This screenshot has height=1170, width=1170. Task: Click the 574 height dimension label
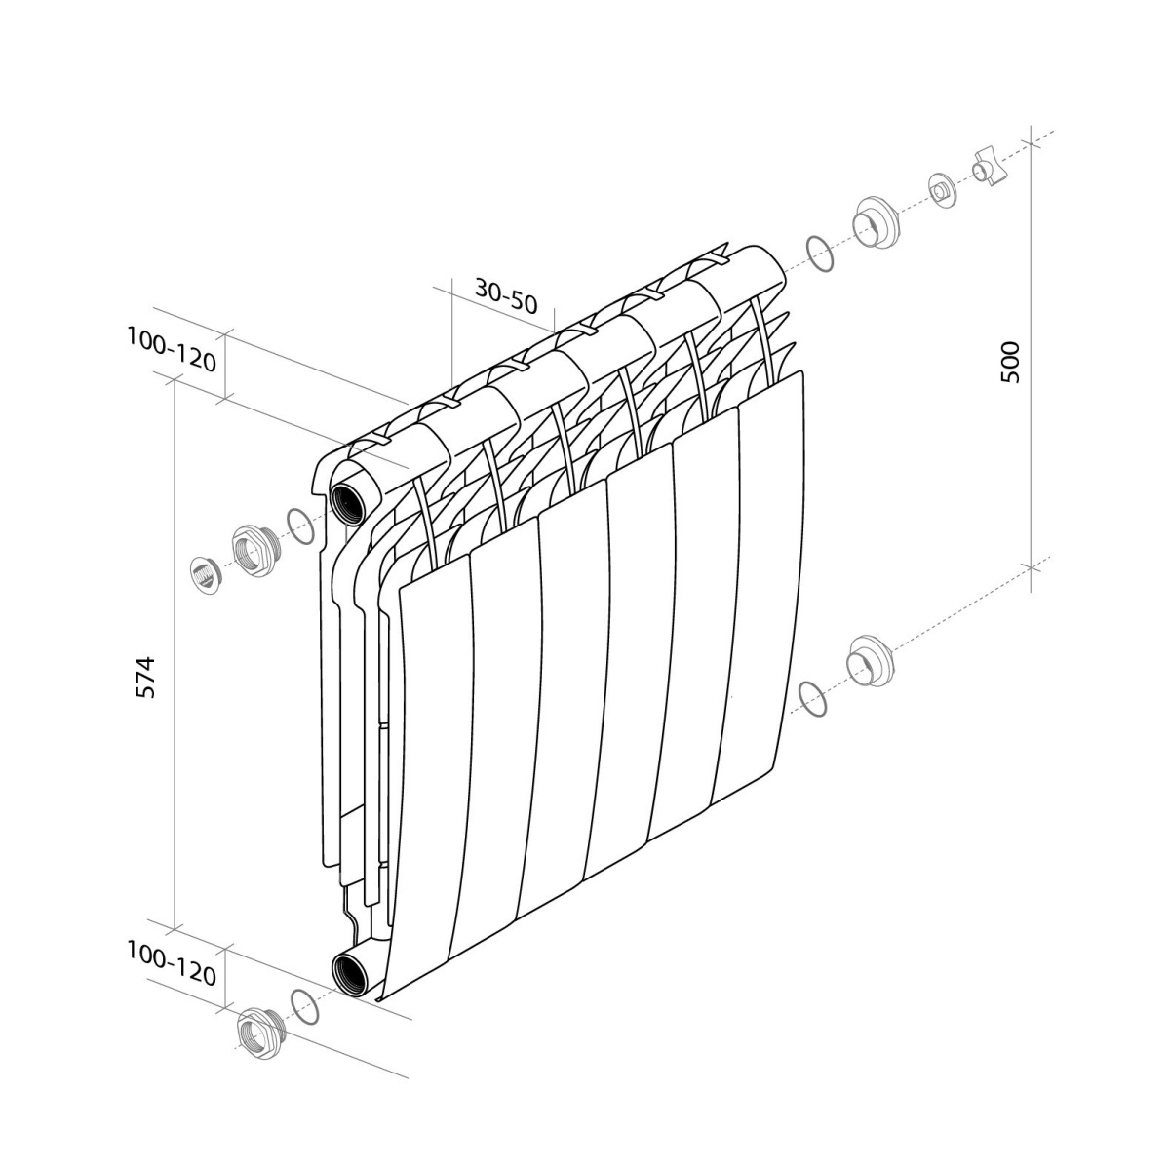(145, 677)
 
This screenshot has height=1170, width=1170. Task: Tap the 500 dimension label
(1010, 362)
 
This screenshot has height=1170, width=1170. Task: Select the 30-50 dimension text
(506, 295)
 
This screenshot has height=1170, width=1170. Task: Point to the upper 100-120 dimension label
(172, 349)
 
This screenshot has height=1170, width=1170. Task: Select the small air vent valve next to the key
(942, 190)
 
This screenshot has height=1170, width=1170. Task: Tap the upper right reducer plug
(877, 222)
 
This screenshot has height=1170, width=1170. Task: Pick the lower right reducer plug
(873, 661)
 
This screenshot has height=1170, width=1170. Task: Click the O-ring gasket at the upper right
(819, 253)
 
